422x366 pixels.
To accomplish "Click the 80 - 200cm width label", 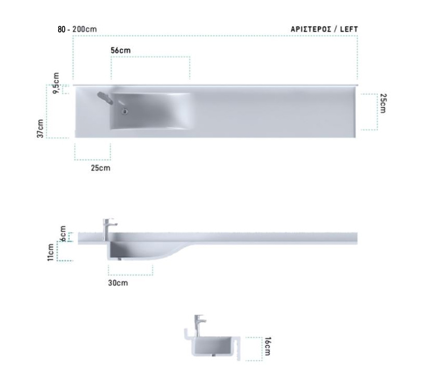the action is [77, 29].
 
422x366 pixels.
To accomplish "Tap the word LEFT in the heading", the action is [349, 29].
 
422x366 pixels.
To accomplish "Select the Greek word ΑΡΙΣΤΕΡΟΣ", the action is [311, 29].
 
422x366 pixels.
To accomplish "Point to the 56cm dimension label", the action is [121, 50].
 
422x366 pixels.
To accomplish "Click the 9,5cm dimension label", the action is [56, 83].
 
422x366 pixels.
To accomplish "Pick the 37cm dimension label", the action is [40, 129].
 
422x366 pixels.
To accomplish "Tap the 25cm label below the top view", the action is [101, 168].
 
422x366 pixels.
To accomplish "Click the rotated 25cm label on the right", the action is [383, 103].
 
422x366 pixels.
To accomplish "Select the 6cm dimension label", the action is [63, 233].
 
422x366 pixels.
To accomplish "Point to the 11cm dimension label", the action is [51, 252].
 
